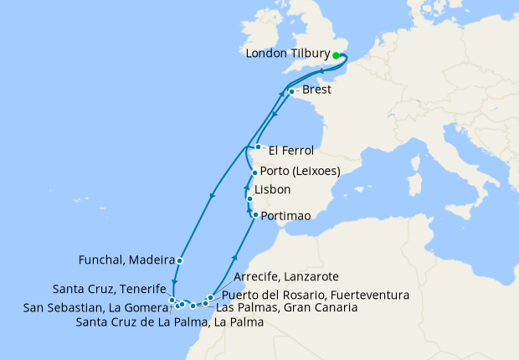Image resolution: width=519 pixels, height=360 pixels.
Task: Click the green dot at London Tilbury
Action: pyautogui.click(x=337, y=55)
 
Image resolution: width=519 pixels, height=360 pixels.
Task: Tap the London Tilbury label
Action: pyautogui.click(x=289, y=54)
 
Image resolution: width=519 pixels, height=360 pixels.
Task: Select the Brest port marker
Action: pyautogui.click(x=291, y=92)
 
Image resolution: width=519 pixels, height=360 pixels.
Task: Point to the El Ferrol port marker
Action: pyautogui.click(x=258, y=148)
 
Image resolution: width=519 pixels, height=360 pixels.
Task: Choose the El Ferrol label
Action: pyautogui.click(x=291, y=152)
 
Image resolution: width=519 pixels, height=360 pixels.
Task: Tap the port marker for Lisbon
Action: pyautogui.click(x=249, y=198)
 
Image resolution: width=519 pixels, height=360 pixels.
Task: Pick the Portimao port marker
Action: pyautogui.click(x=254, y=215)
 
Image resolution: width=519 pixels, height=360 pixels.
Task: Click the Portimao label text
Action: pyautogui.click(x=285, y=216)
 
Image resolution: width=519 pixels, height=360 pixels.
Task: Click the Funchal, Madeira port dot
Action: pyautogui.click(x=180, y=260)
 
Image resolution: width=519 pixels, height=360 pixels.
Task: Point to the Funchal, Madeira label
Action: pyautogui.click(x=131, y=260)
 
